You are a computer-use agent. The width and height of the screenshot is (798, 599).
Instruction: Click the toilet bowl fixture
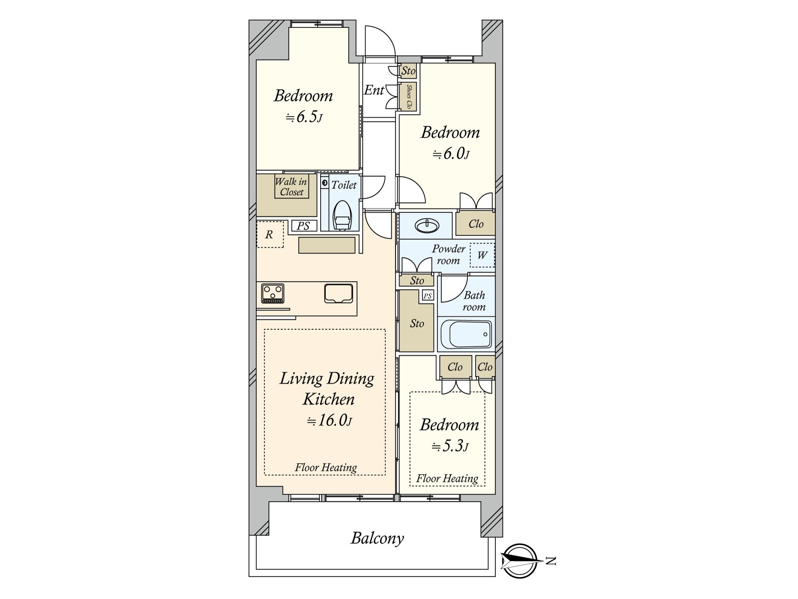343,216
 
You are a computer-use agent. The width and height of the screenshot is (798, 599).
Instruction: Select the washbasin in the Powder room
427,226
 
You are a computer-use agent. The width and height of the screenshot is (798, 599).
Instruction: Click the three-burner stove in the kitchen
272,293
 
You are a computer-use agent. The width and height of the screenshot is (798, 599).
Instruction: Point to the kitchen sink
339,293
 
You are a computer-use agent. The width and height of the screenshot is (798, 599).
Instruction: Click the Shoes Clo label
409,96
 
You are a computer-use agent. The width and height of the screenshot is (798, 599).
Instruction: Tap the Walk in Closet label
291,187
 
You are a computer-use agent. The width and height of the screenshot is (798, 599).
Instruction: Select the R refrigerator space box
270,235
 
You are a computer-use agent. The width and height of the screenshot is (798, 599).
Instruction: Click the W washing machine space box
482,255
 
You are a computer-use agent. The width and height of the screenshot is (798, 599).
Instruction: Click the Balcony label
377,539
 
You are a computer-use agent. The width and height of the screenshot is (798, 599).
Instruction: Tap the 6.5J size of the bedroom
304,117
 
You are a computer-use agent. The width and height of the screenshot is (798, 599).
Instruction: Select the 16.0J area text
329,420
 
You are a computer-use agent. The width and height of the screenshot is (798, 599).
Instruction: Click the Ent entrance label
374,90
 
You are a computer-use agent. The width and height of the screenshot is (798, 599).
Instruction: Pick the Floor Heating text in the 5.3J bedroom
447,479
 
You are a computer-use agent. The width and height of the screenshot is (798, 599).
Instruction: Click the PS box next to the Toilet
304,226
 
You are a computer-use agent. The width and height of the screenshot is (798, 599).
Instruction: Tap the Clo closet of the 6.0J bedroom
475,224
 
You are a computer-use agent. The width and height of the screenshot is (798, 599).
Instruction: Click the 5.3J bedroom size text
450,446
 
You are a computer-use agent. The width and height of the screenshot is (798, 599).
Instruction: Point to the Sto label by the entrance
408,71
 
